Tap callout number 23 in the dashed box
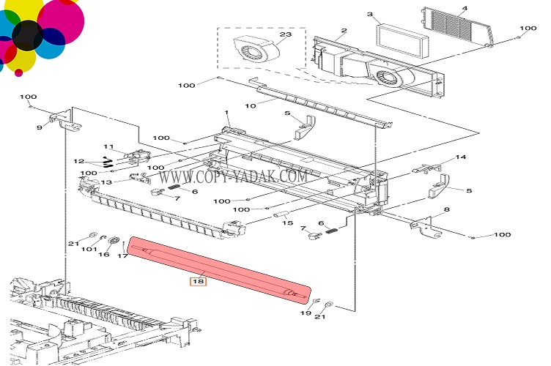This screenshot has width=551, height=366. tap(265, 34)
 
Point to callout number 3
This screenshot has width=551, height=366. tap(370, 14)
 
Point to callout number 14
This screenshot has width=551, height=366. tap(461, 158)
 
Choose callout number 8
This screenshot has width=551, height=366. tap(446, 209)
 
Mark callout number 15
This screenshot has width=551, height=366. tap(288, 223)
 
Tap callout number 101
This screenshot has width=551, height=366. tap(89, 250)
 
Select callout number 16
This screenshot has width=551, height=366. tap(104, 254)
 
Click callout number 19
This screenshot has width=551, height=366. tap(306, 313)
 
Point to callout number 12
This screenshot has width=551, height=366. tap(78, 161)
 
